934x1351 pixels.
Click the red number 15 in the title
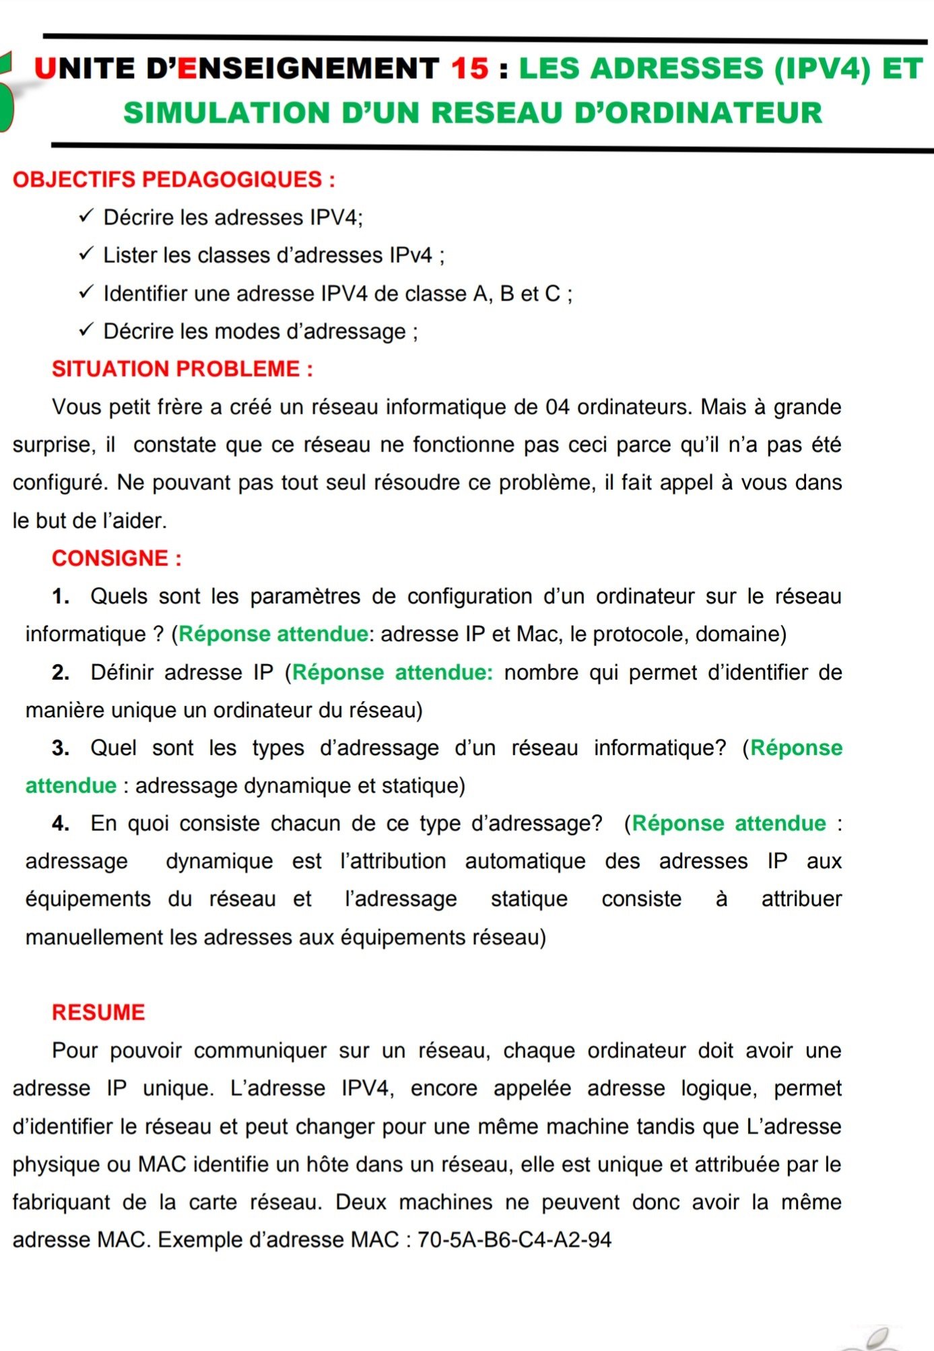coord(469,69)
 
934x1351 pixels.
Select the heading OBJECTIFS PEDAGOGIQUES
coord(174,180)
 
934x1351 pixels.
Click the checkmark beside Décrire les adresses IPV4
coord(86,217)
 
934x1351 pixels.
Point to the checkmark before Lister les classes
coord(86,255)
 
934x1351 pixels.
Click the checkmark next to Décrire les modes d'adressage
coord(86,331)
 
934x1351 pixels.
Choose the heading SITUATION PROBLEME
coord(182,369)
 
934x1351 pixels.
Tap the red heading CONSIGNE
coord(116,558)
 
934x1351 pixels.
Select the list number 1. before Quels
coord(61,597)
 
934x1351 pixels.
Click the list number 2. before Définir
coord(61,672)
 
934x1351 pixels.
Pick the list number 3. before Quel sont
coord(61,748)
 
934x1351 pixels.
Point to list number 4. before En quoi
coord(61,824)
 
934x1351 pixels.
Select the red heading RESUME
coord(98,1013)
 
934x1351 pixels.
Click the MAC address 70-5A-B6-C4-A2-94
coord(514,1240)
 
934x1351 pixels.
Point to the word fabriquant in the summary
coord(61,1202)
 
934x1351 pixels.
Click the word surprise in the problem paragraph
coord(53,445)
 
